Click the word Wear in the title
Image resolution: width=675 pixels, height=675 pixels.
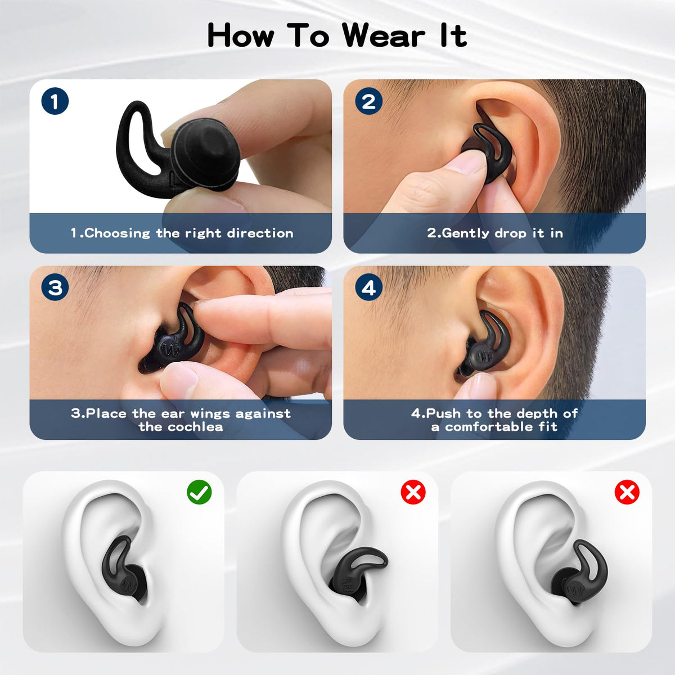click(x=384, y=36)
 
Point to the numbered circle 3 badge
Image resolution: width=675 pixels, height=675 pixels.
click(x=55, y=287)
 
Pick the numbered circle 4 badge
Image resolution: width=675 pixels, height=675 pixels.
click(x=368, y=287)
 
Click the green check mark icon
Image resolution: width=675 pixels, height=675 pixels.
click(x=199, y=492)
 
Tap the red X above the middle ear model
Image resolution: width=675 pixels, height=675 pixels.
click(x=413, y=492)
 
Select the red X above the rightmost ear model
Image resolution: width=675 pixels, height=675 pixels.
click(x=627, y=492)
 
